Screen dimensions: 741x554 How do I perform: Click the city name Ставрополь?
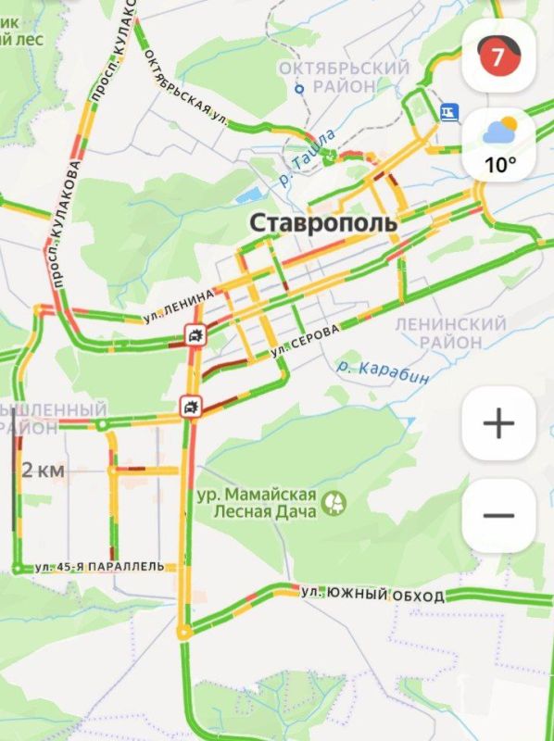pyautogui.click(x=323, y=223)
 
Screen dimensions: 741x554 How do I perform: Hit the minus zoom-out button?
pyautogui.click(x=498, y=516)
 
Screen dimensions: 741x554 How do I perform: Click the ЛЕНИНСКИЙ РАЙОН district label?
pyautogui.click(x=450, y=333)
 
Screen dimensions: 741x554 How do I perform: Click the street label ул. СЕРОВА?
pyautogui.click(x=306, y=342)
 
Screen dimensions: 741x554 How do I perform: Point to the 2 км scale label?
pyautogui.click(x=44, y=471)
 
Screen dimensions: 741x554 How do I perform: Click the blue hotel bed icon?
pyautogui.click(x=449, y=111)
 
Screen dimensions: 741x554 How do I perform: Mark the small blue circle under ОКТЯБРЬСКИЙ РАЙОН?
pyautogui.click(x=299, y=90)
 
